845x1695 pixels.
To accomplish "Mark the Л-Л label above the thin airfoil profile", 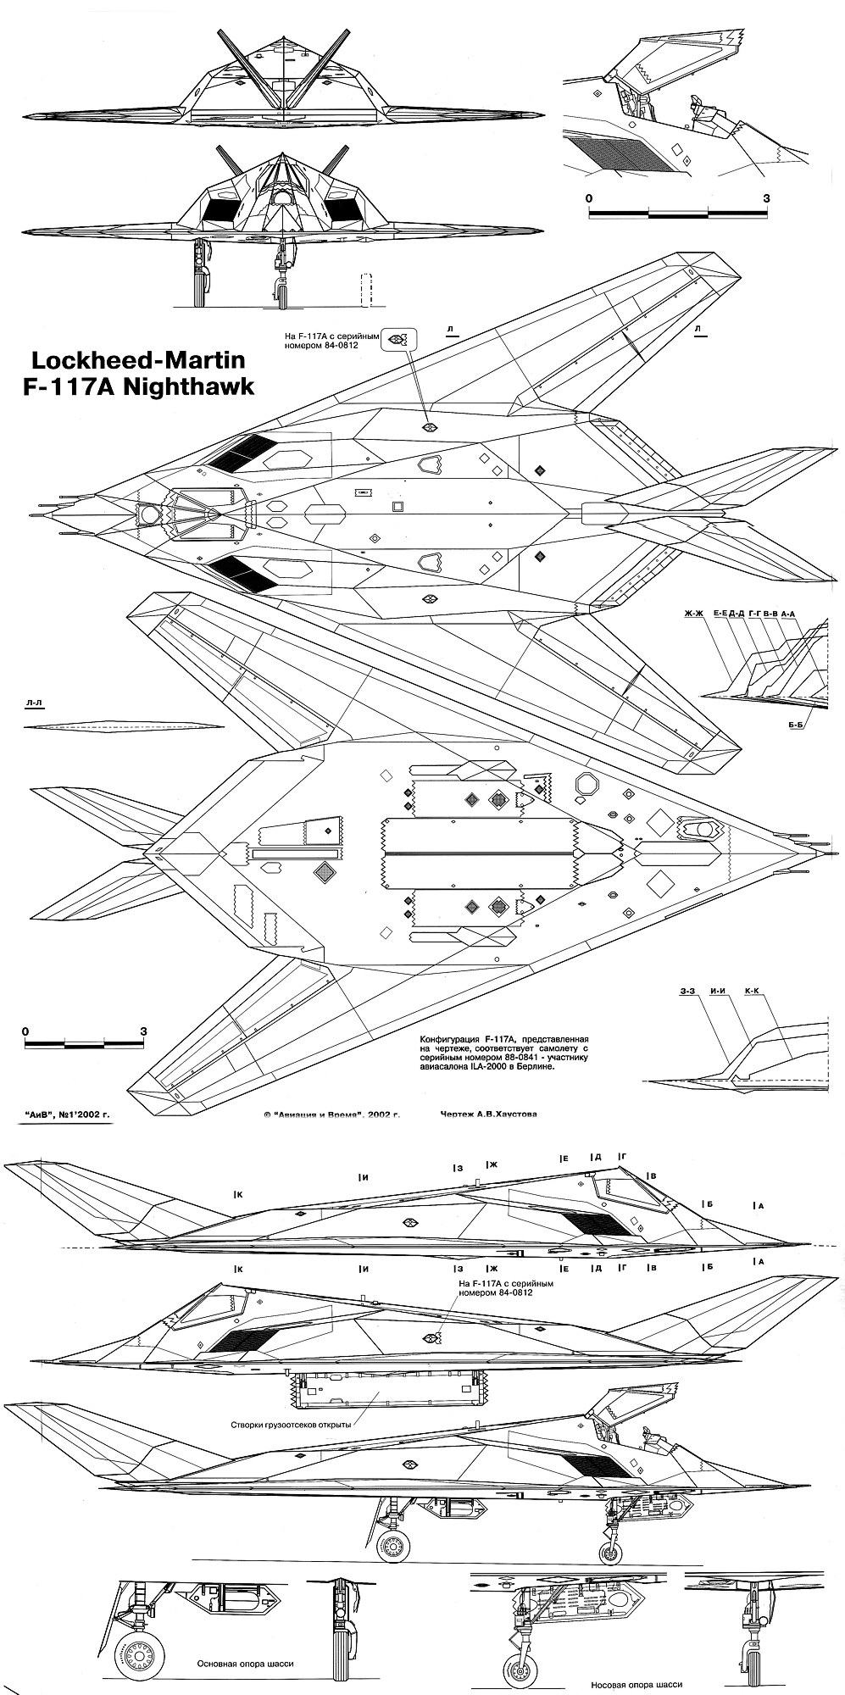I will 35,703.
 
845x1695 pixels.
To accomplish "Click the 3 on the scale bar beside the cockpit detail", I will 766,198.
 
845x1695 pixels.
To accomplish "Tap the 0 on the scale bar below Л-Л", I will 26,1031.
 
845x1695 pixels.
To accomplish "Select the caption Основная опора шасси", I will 245,1664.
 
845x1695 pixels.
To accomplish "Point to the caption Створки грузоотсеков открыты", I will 291,1424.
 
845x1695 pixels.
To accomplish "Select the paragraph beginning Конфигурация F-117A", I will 503,1053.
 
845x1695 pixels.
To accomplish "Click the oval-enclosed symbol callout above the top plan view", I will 395,340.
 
